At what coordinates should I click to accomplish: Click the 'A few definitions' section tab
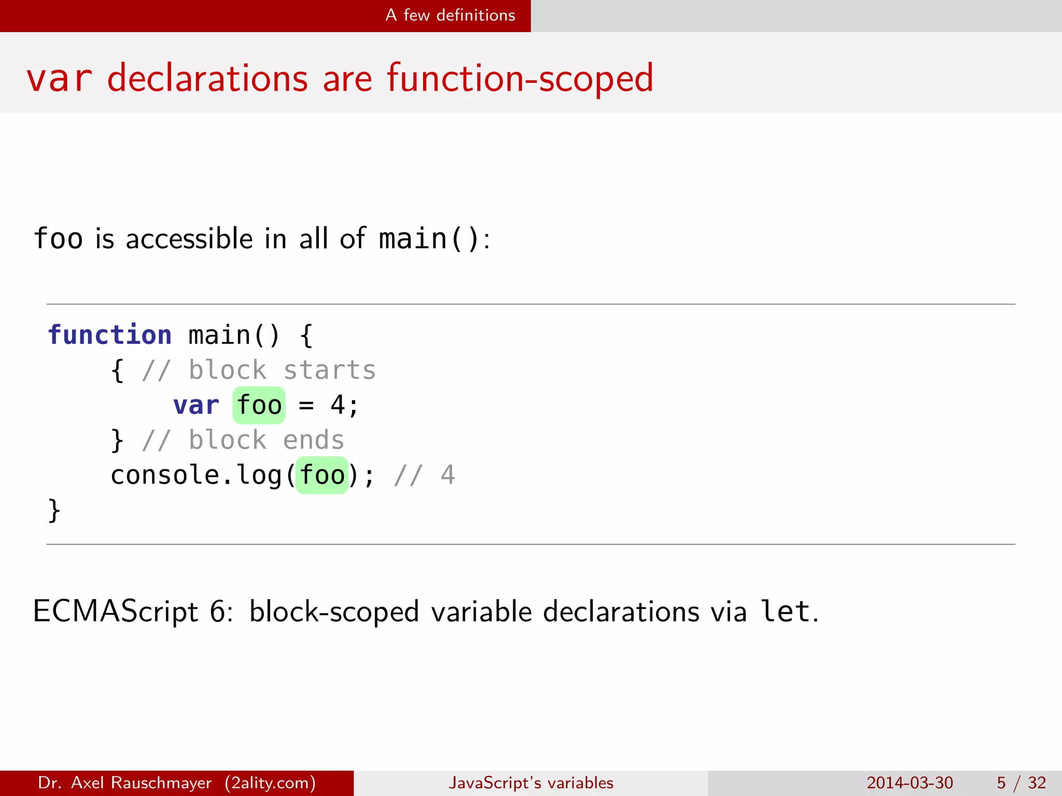450,16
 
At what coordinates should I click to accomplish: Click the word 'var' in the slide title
59,79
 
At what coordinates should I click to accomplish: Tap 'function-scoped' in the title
520,79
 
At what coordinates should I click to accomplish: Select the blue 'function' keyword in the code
109,335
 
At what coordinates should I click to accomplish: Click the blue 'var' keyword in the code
196,405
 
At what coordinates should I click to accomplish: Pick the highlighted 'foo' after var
259,405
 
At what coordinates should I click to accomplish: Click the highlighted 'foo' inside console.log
322,475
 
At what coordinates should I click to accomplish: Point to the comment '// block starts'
258,370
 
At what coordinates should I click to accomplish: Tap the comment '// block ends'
243,440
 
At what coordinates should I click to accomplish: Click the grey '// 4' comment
424,475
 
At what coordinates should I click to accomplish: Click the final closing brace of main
54,510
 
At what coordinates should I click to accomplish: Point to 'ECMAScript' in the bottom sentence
115,612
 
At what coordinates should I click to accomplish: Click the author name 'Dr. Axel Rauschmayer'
124,783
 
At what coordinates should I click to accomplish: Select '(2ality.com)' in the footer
270,783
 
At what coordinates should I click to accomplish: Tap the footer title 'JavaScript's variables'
531,783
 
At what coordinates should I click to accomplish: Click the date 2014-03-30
910,783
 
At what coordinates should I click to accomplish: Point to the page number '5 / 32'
1021,783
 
